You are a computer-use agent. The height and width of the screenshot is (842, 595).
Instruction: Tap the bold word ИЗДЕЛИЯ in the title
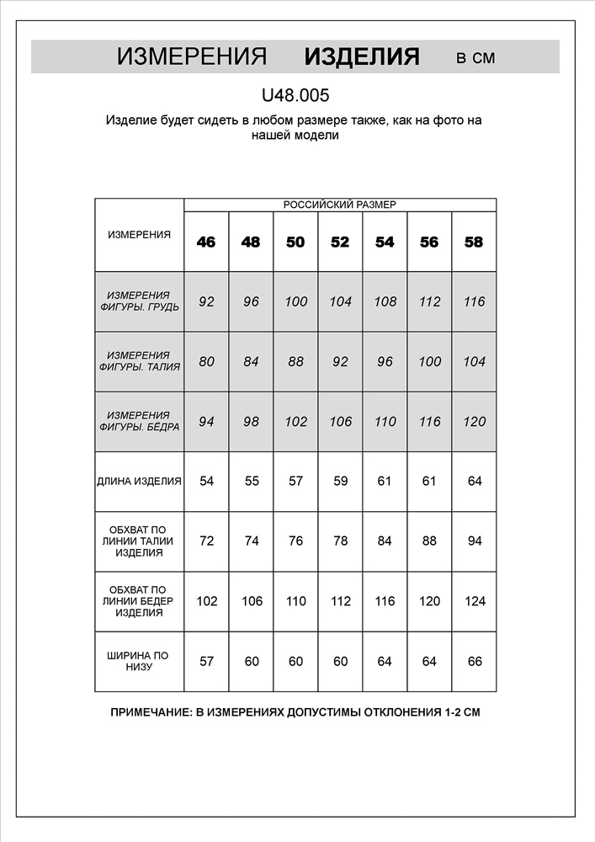361,57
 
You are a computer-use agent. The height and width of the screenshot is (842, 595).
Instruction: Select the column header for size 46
206,242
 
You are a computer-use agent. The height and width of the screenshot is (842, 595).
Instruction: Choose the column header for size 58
474,242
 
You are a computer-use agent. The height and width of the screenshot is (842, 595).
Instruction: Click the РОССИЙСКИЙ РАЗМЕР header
339,205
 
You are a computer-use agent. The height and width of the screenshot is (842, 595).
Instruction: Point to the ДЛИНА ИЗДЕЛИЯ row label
140,482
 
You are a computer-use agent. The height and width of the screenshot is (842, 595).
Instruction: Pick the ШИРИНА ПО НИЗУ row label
140,661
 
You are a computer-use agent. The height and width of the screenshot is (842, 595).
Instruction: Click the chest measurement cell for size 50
295,301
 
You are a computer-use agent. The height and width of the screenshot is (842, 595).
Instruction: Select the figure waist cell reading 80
206,362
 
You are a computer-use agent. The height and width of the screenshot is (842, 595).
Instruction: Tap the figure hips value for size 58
474,422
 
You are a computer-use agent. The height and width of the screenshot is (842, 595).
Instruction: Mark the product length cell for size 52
340,482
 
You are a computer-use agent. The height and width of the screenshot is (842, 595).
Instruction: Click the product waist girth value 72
206,541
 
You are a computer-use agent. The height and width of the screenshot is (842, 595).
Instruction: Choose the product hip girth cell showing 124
474,601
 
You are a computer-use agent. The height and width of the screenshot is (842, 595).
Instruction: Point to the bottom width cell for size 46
206,661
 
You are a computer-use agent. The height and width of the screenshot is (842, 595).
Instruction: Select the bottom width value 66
474,661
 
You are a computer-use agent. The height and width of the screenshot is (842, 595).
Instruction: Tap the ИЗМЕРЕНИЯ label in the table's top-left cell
140,235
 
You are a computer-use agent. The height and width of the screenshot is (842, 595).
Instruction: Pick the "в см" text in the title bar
475,58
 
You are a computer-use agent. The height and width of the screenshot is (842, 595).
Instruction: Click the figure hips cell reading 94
206,422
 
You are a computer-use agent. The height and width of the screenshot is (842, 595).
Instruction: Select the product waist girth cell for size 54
385,541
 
